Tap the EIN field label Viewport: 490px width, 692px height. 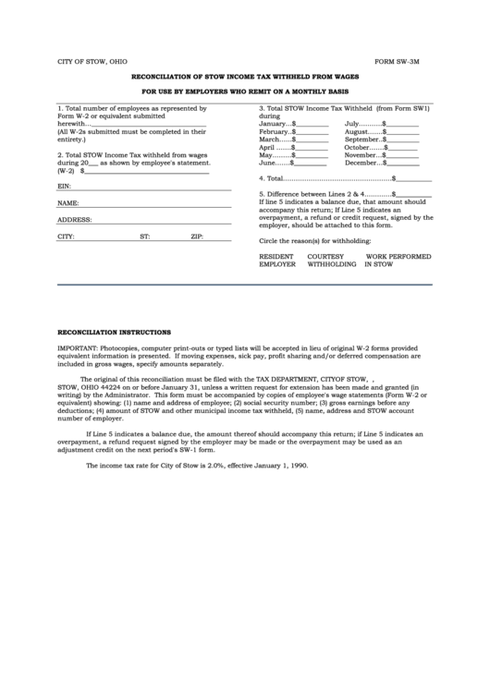tap(64, 187)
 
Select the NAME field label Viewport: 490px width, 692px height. tap(67, 202)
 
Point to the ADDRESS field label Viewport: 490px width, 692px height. tap(74, 220)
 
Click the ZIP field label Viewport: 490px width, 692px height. tap(197, 237)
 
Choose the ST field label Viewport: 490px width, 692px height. tap(145, 237)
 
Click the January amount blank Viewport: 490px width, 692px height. tap(312, 124)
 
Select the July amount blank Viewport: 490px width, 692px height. tap(402, 124)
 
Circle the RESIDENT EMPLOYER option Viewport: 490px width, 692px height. tap(277, 260)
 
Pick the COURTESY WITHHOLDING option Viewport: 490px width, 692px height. tap(331, 260)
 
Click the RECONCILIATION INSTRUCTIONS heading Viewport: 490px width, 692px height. tap(114, 331)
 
